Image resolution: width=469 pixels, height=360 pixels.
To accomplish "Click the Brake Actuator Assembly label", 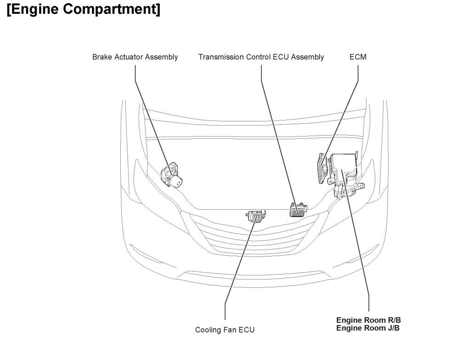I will coord(135,57).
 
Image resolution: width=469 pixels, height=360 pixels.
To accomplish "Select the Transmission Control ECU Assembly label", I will coord(261,57).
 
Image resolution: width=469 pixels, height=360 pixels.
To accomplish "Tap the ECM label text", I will coord(358,57).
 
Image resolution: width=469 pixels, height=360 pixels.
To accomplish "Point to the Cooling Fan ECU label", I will coord(225,330).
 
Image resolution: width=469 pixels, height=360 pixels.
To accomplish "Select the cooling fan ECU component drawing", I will coord(256,216).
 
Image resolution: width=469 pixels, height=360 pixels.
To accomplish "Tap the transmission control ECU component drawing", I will coord(297,210).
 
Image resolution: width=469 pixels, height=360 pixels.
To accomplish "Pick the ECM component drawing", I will coord(323,168).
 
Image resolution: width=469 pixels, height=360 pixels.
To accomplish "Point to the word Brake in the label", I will coord(102,57).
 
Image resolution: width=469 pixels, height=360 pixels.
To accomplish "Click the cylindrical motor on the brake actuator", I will coord(176,183).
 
